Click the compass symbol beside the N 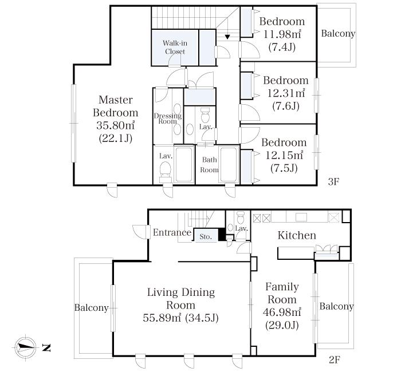coord(25,347)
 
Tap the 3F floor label coord(333,181)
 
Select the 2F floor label coord(334,360)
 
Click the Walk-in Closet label coord(175,48)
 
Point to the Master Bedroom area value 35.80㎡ coord(116,125)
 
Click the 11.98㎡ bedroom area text coord(282,34)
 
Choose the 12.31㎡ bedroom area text coord(286,93)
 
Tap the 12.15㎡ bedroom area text coord(284,155)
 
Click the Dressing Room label coord(168,118)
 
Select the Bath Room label coord(210,165)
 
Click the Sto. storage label coord(206,237)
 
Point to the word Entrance coord(172,232)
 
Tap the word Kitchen coord(297,235)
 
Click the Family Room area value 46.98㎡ coord(282,312)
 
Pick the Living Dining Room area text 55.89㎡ coord(162,318)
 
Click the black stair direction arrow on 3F coord(227,37)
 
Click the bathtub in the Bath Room coord(229,164)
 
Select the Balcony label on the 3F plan coord(338,33)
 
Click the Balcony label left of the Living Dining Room coord(91,308)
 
